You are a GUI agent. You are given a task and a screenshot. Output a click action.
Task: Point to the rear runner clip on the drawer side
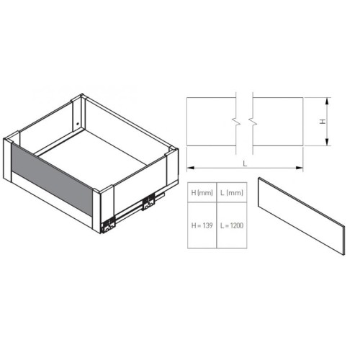click(x=148, y=204)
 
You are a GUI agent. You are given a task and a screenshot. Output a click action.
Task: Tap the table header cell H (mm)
click(x=202, y=194)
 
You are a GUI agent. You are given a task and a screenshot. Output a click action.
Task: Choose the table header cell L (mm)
click(x=232, y=194)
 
